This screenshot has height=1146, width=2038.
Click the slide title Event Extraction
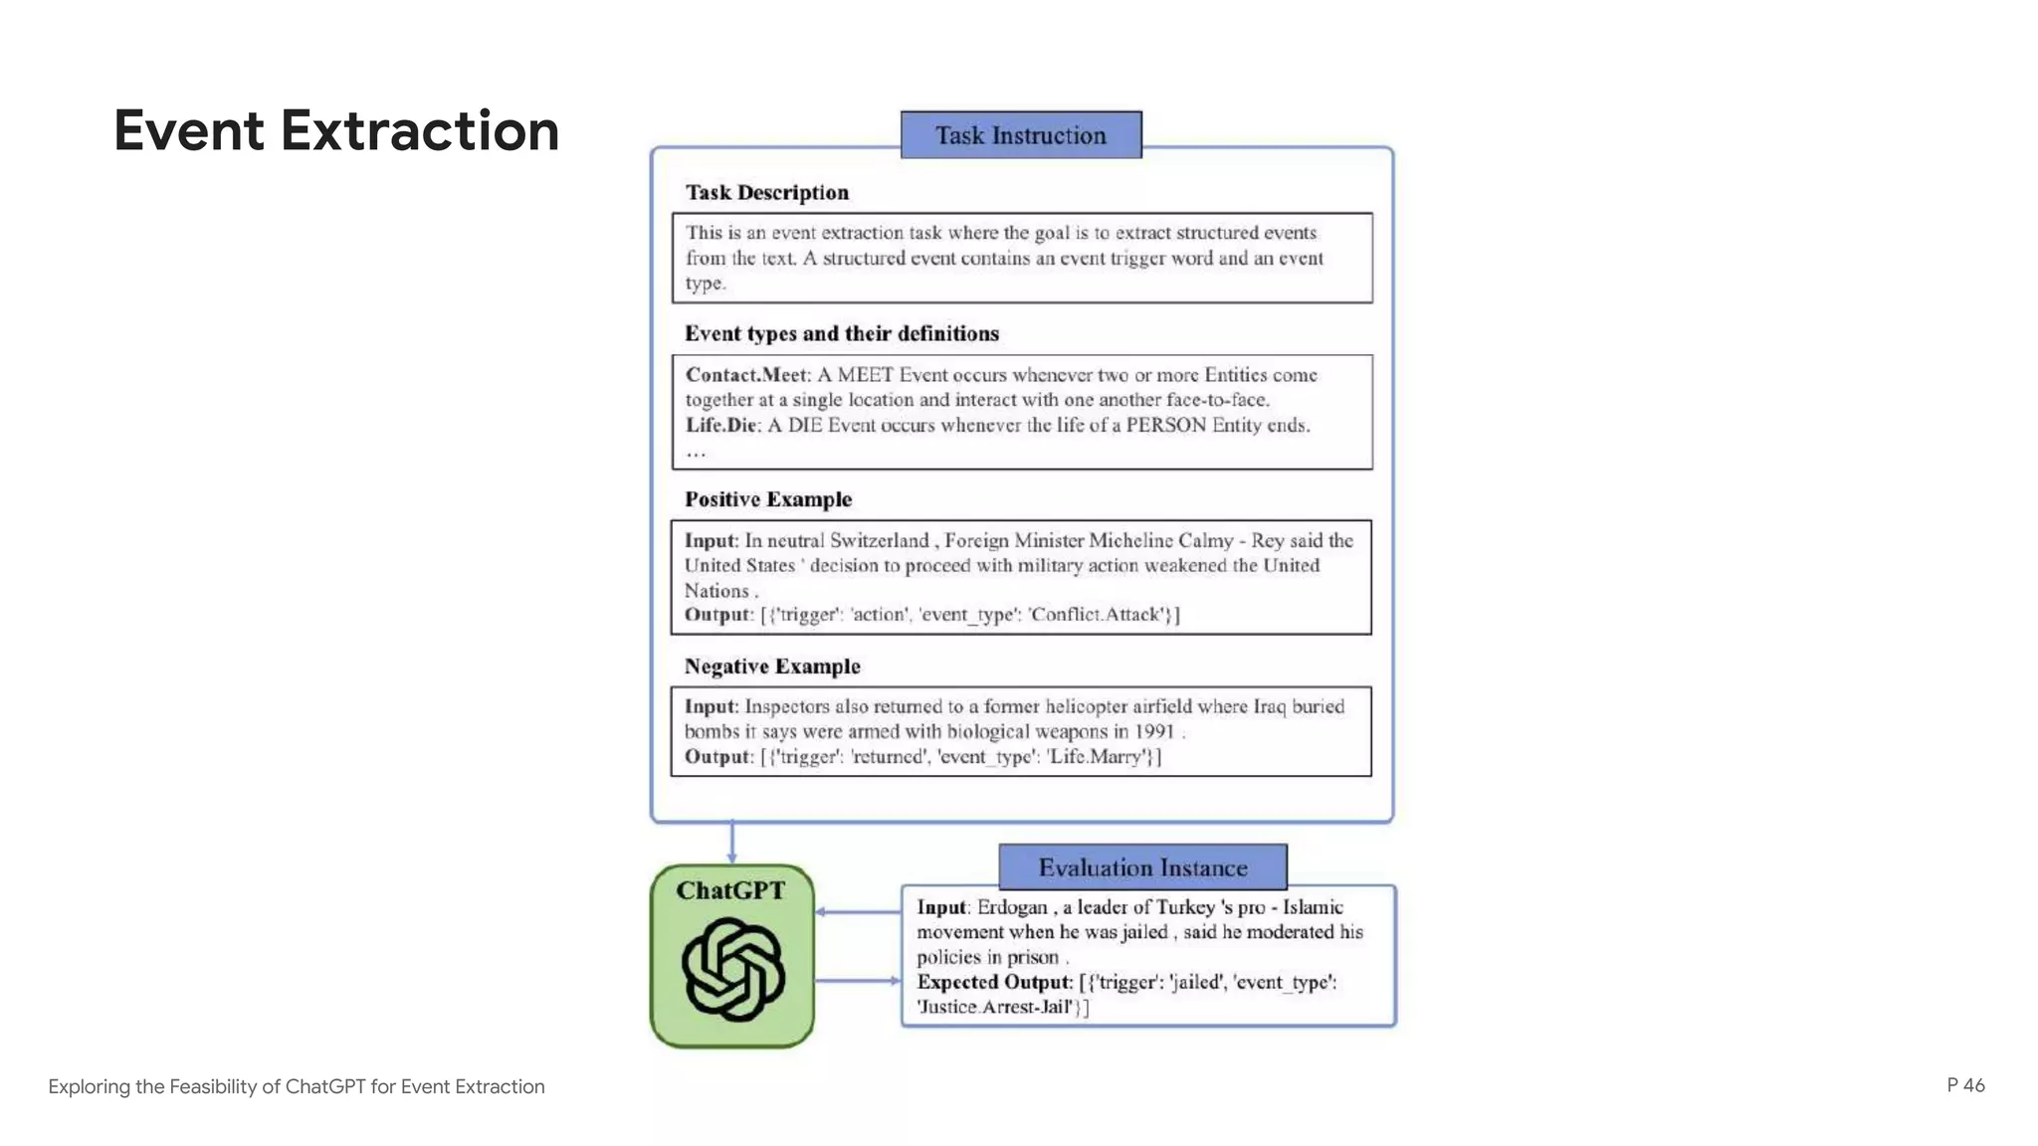336,131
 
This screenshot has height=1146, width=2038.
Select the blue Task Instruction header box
1021,135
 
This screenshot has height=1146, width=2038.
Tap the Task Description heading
766,193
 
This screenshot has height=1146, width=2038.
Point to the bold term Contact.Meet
746,375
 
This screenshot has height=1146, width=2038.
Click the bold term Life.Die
721,426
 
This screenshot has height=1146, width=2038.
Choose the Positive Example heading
767,499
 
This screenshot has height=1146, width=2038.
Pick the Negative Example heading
772,667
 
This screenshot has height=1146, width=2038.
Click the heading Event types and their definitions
841,334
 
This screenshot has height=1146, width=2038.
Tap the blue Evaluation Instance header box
1142,867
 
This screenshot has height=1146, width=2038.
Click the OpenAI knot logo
733,970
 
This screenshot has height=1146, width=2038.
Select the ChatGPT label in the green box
730,890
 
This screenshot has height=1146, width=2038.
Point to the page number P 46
1965,1085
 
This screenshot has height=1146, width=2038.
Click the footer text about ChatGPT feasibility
297,1086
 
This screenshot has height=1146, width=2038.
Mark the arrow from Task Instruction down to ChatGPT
732,843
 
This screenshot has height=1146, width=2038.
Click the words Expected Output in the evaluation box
993,982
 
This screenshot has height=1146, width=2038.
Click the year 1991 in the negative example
1154,732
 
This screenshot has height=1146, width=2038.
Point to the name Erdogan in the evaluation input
1012,907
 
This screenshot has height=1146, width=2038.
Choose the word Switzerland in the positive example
879,541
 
